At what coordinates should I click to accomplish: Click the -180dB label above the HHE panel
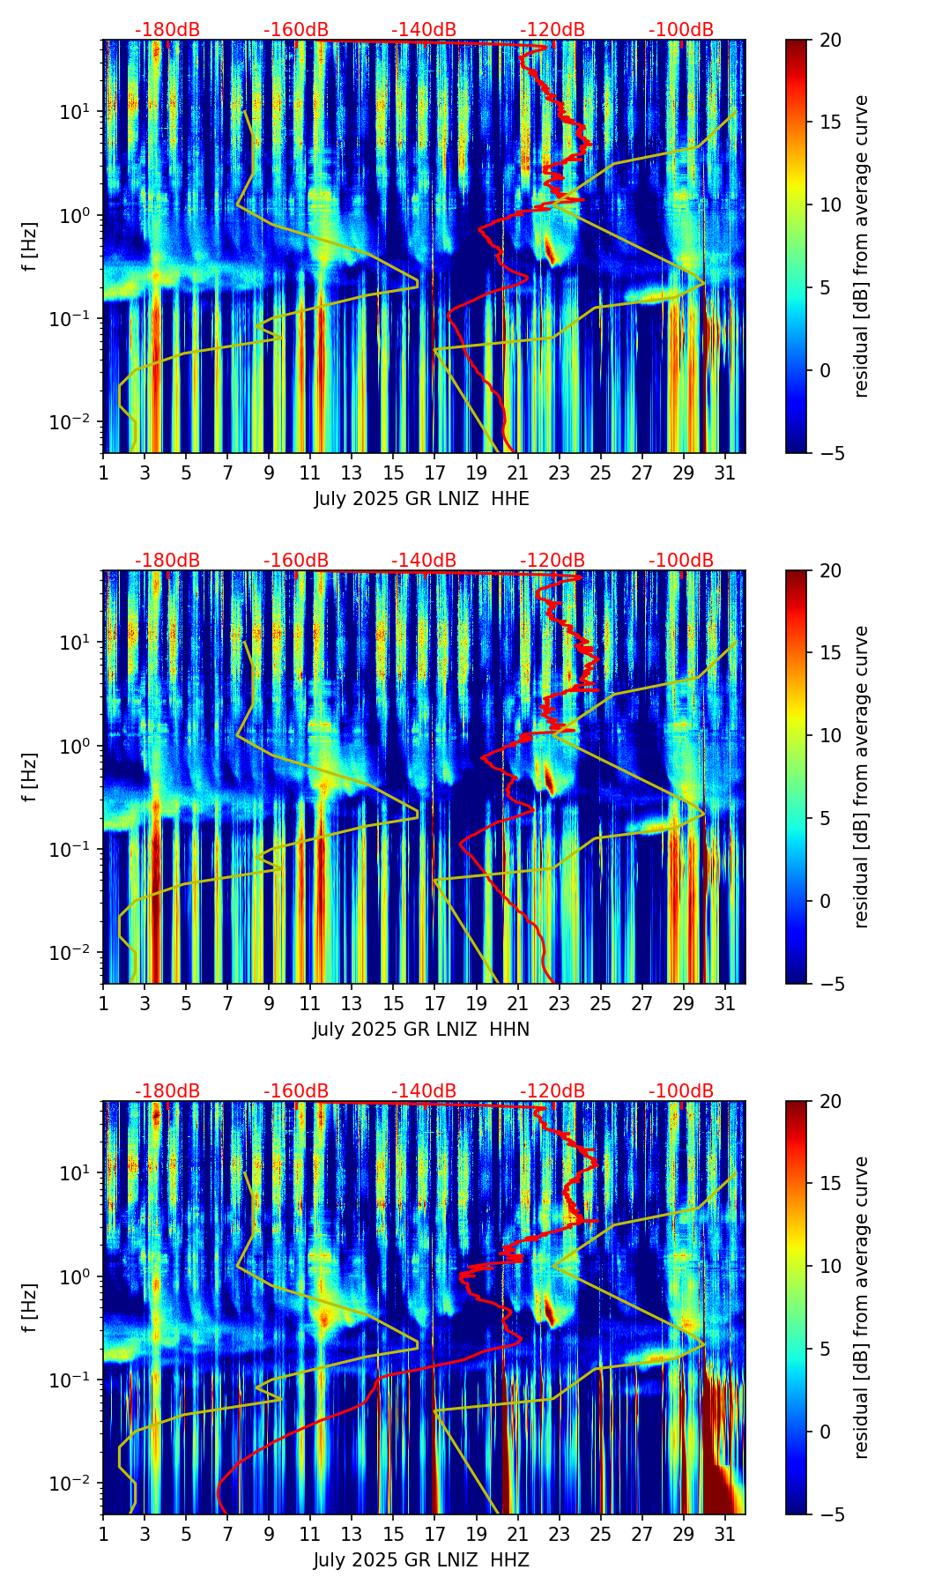167,30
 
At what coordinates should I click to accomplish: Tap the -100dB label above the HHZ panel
681,1091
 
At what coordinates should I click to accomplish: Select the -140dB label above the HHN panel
424,561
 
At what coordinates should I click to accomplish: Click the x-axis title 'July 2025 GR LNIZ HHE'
421,499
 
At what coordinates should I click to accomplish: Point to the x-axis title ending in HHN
421,1030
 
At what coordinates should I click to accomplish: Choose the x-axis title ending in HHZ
421,1560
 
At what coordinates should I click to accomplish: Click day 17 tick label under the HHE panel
434,473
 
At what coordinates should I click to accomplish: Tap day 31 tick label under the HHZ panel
725,1535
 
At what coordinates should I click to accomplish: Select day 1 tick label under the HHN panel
104,1004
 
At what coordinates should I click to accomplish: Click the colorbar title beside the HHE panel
862,246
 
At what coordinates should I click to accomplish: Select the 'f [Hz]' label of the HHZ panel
30,1307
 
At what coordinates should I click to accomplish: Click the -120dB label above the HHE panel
552,30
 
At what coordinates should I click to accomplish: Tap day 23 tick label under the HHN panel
560,1004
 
